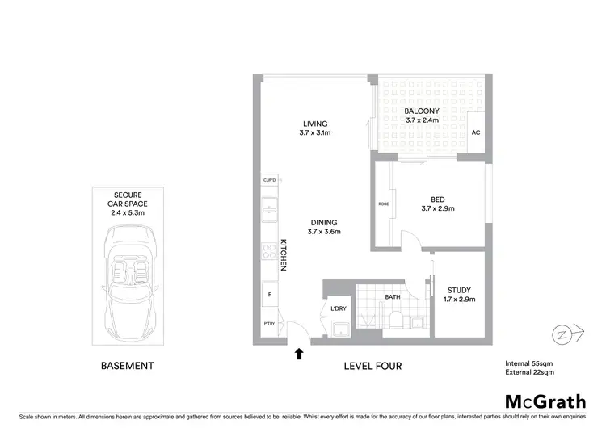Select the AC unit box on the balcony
click(x=476, y=133)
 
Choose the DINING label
click(x=322, y=222)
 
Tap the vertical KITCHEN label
click(x=284, y=254)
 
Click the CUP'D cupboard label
click(x=269, y=179)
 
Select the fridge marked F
click(x=268, y=295)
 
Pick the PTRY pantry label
click(x=268, y=325)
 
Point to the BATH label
click(x=393, y=297)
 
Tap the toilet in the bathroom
click(x=395, y=321)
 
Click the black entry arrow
click(x=299, y=353)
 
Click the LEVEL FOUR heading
click(x=372, y=366)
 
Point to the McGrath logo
click(x=545, y=401)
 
